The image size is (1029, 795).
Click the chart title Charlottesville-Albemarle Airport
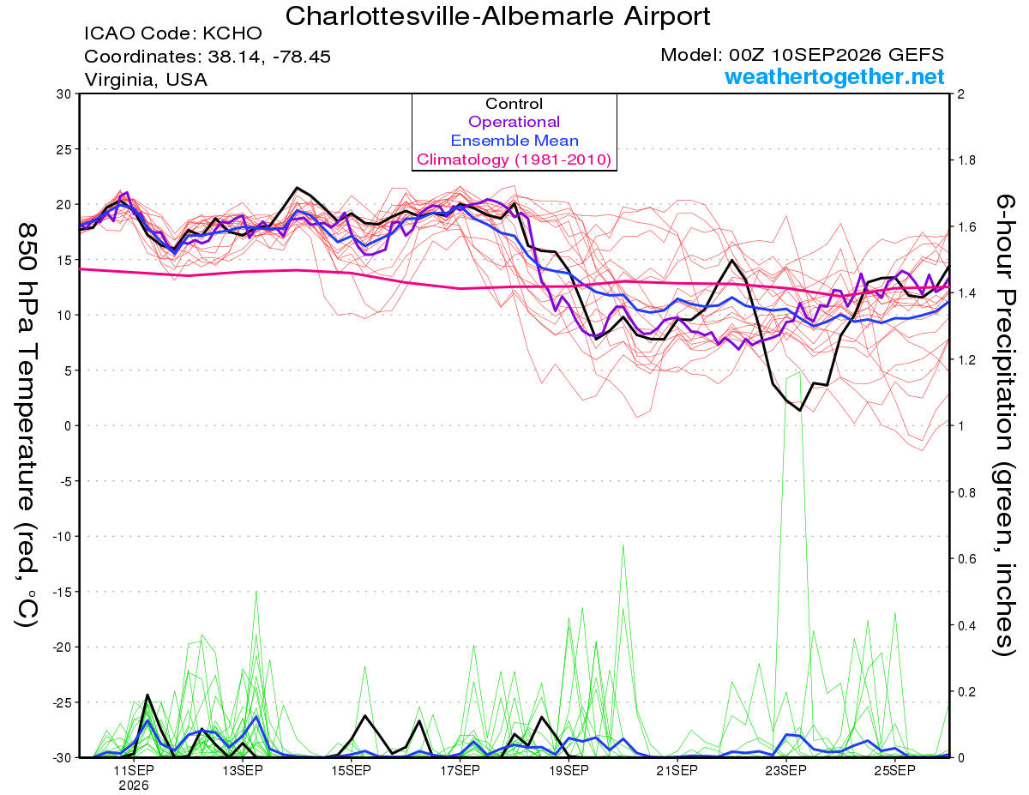coord(497,16)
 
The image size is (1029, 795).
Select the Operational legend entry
coord(514,122)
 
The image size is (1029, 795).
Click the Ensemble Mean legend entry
coord(514,141)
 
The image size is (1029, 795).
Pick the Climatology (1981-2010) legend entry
coord(514,160)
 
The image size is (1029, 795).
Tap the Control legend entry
coord(514,104)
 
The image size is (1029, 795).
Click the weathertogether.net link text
coord(834,76)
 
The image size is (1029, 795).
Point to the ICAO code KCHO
coord(232,33)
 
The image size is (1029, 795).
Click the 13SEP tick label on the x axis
coord(243,770)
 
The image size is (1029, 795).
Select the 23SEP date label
coord(785,770)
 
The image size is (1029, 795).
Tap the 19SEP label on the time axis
coord(569,770)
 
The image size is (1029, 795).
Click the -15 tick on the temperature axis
coord(61,592)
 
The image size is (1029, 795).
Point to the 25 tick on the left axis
coord(63,149)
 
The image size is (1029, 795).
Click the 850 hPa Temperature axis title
coord(27,425)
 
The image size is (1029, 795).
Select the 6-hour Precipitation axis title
coord(1004,425)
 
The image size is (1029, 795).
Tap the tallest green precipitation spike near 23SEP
coord(799,372)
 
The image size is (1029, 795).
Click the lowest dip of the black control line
coord(800,410)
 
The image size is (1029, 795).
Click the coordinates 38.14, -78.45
coord(269,57)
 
